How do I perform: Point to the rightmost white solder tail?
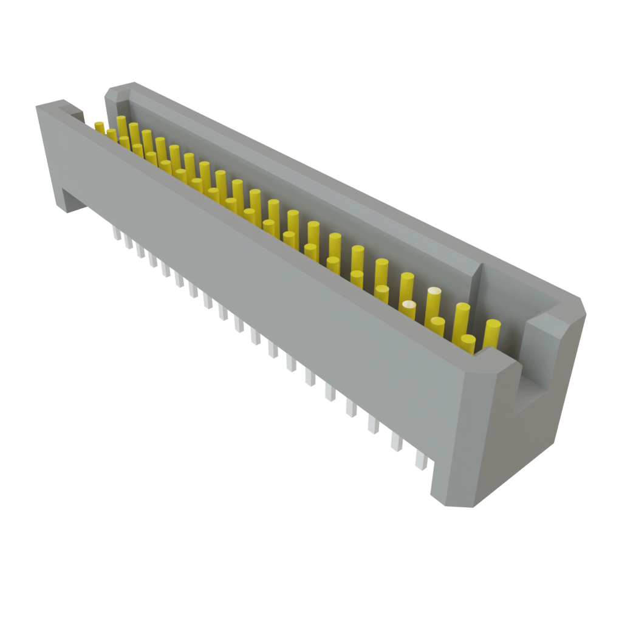pos(420,459)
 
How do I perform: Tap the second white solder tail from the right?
pos(396,442)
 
